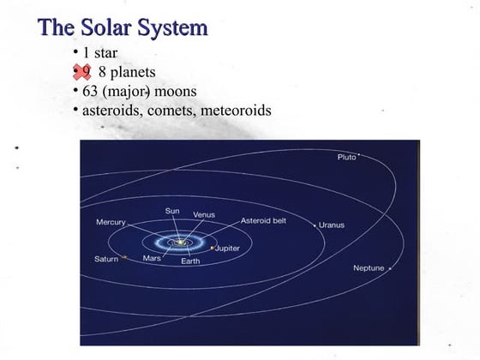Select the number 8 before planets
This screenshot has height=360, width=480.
coord(104,72)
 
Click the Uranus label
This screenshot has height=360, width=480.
coord(331,225)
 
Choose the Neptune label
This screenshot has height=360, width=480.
coord(369,268)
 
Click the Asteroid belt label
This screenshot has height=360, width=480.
coord(263,219)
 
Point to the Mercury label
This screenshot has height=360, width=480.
coord(111,222)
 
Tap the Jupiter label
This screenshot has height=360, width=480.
coord(225,248)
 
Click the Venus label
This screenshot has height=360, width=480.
coord(203,213)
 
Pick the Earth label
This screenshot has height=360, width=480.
coord(190,261)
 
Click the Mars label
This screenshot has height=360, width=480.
coord(152,258)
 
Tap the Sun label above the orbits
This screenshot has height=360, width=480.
coord(172,211)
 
